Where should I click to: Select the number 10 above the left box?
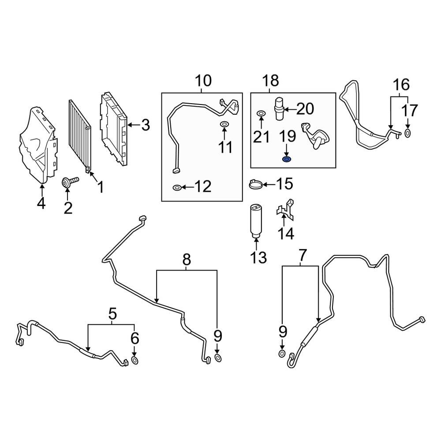(x=203, y=81)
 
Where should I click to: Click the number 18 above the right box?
(x=270, y=81)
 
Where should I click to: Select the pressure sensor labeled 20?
(x=279, y=108)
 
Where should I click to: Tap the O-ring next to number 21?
(x=261, y=115)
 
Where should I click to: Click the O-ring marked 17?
(x=407, y=133)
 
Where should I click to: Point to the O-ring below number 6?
(x=135, y=361)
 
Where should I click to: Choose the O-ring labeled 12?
(x=176, y=188)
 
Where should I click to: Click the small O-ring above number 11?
(x=224, y=125)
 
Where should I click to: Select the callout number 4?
(x=41, y=204)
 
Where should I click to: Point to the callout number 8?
(x=187, y=260)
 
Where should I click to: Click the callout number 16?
(x=401, y=84)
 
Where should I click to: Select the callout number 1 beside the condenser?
(x=100, y=188)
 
